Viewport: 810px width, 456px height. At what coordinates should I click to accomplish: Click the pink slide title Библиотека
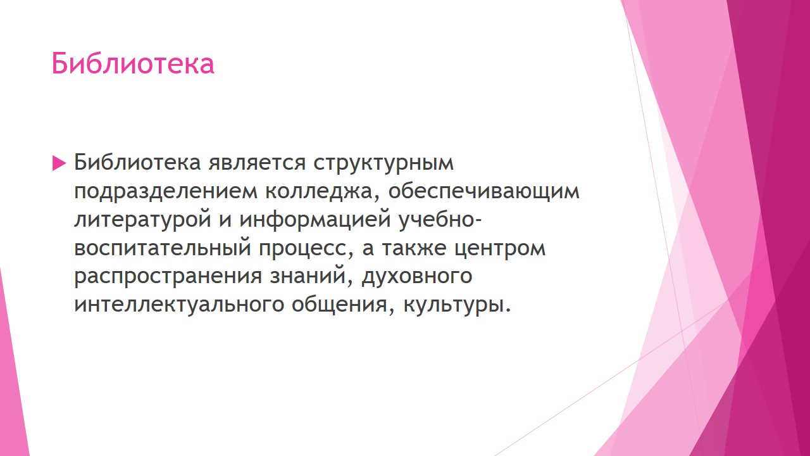tap(133, 63)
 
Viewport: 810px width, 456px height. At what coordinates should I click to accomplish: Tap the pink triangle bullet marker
tap(59, 163)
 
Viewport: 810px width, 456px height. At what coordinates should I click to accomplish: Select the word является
tap(257, 163)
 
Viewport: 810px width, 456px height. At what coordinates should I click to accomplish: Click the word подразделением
tap(166, 191)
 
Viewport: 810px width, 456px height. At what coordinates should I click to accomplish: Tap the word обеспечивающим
tap(484, 191)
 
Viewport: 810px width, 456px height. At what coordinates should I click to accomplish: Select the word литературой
tap(143, 220)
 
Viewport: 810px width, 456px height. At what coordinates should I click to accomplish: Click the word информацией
tap(315, 220)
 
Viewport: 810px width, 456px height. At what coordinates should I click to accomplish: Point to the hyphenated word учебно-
tap(440, 219)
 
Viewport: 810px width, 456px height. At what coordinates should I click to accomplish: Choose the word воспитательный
tap(163, 248)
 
